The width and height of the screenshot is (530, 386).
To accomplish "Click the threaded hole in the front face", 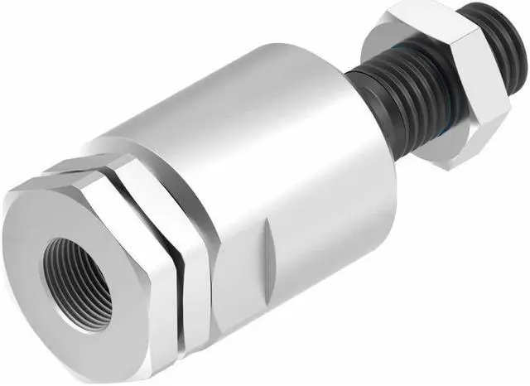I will (x=79, y=282).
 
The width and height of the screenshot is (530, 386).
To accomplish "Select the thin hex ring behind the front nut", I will (x=195, y=248).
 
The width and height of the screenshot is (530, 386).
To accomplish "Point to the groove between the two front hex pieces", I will (x=176, y=248).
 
